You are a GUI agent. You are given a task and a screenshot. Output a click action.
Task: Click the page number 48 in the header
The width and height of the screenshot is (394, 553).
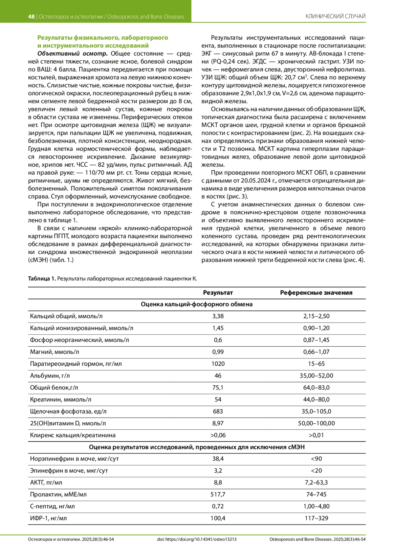31,17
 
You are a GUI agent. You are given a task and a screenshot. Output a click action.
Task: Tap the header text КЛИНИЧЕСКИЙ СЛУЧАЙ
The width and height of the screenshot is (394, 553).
335,16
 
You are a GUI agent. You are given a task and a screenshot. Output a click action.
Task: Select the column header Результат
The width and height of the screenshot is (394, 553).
218,293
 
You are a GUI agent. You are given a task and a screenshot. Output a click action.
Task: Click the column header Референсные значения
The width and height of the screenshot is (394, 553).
316,293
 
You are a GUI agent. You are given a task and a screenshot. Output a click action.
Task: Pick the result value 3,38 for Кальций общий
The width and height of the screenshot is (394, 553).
218,316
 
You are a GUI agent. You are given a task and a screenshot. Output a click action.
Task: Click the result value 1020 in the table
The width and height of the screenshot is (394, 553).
218,364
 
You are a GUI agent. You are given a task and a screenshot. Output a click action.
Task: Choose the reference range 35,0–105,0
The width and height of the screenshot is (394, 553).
316,412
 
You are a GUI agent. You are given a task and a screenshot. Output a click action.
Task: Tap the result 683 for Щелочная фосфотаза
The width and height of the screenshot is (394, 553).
218,412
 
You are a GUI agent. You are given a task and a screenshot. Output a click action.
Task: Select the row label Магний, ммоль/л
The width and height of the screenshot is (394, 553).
55,352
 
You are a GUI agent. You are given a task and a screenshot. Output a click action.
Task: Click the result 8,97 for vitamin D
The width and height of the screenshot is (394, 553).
218,423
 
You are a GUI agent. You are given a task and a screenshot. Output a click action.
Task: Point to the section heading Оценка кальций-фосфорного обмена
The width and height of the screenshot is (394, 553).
197,305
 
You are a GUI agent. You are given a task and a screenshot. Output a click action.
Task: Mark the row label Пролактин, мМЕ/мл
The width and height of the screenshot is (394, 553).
58,495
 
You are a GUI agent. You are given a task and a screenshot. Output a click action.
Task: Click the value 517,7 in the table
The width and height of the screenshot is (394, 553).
218,495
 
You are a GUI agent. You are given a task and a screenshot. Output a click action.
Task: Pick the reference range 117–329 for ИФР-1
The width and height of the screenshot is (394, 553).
316,519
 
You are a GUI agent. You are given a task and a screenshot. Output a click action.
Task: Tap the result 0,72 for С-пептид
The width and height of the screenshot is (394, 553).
218,506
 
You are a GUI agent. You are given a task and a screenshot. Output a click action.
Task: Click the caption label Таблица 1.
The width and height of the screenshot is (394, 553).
42,279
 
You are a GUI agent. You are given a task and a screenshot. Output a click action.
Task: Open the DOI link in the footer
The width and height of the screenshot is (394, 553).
197,539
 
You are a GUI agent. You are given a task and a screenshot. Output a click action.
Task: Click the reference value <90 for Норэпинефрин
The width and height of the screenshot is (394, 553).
316,459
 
